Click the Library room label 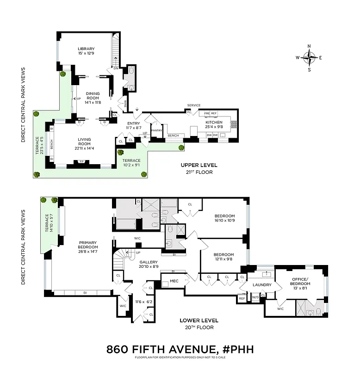pos(86,49)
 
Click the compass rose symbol pos(310,58)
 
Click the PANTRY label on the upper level pos(156,130)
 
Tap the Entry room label pos(134,123)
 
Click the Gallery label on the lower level pos(149,262)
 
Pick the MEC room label pos(174,281)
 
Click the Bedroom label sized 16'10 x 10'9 pos(224,216)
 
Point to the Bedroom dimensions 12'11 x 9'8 pos(223,260)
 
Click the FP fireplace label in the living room pos(81,162)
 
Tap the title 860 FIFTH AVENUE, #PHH pos(180,349)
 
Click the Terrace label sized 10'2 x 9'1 pos(131,160)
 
